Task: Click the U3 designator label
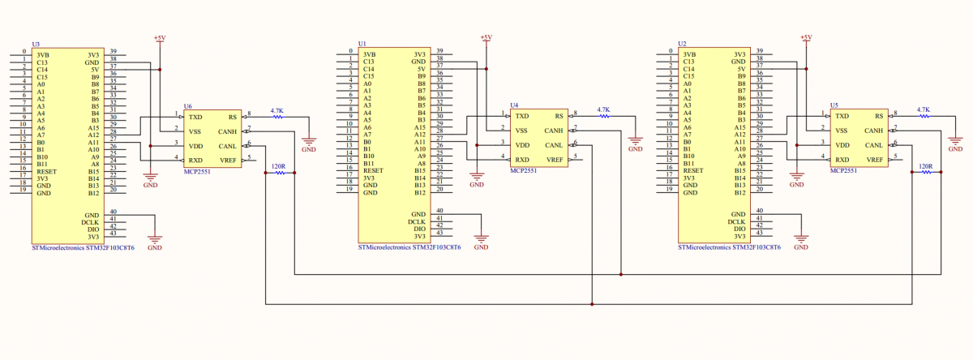pyautogui.click(x=35, y=45)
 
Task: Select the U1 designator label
pyautogui.click(x=362, y=44)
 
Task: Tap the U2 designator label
pyautogui.click(x=682, y=44)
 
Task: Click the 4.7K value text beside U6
pyautogui.click(x=277, y=109)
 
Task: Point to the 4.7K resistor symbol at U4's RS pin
pyautogui.click(x=603, y=117)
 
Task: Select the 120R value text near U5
pyautogui.click(x=925, y=166)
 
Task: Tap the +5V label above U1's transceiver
pyautogui.click(x=486, y=37)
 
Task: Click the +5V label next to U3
pyautogui.click(x=160, y=37)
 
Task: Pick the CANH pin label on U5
pyautogui.click(x=873, y=131)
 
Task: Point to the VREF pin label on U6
pyautogui.click(x=227, y=160)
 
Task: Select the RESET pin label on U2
pyautogui.click(x=693, y=171)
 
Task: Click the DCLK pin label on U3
pyautogui.click(x=90, y=221)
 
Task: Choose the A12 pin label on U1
pyautogui.click(x=419, y=135)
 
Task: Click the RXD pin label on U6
pyautogui.click(x=195, y=160)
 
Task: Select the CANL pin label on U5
pyautogui.click(x=873, y=145)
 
